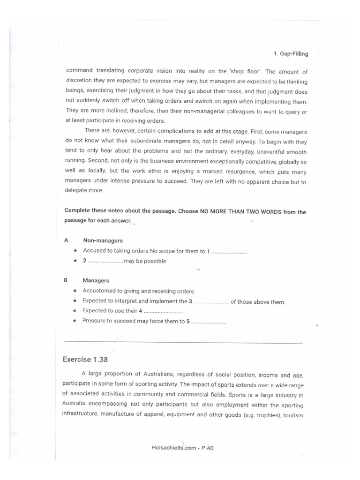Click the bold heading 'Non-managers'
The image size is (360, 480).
pos(103,240)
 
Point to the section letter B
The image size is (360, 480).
pos(66,280)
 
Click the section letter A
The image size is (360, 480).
pos(66,240)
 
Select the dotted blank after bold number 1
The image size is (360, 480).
pos(229,251)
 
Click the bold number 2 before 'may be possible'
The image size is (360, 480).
pos(85,261)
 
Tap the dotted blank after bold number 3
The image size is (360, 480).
pos(211,302)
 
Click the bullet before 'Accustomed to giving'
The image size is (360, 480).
pos(75,292)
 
